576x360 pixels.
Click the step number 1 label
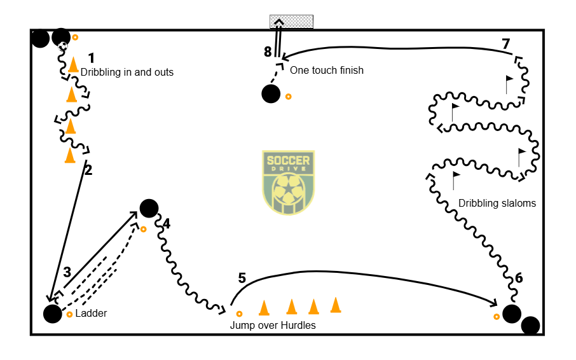pyautogui.click(x=92, y=57)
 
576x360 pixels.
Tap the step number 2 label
pyautogui.click(x=88, y=170)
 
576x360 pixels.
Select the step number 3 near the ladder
pyautogui.click(x=67, y=272)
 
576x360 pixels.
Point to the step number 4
pyautogui.click(x=167, y=223)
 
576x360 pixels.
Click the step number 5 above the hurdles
pyautogui.click(x=242, y=278)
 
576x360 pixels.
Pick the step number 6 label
pyautogui.click(x=519, y=278)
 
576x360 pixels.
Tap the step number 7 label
pyautogui.click(x=505, y=44)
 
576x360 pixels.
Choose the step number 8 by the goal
pyautogui.click(x=268, y=52)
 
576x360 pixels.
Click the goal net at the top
pyautogui.click(x=291, y=21)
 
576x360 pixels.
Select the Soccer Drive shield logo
pyautogui.click(x=289, y=182)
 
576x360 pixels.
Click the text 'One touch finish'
pyautogui.click(x=327, y=70)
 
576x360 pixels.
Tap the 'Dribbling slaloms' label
pyautogui.click(x=497, y=204)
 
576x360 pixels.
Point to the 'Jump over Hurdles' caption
pyautogui.click(x=273, y=325)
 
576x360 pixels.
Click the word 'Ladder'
pyautogui.click(x=91, y=314)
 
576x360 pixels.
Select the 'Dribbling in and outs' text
pyautogui.click(x=127, y=73)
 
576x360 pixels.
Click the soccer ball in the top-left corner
pyautogui.click(x=63, y=46)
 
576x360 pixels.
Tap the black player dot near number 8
pyautogui.click(x=271, y=94)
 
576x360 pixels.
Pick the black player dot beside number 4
pyautogui.click(x=149, y=208)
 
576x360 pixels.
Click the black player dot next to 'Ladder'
pyautogui.click(x=52, y=314)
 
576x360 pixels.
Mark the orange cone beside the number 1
pyautogui.click(x=74, y=65)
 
